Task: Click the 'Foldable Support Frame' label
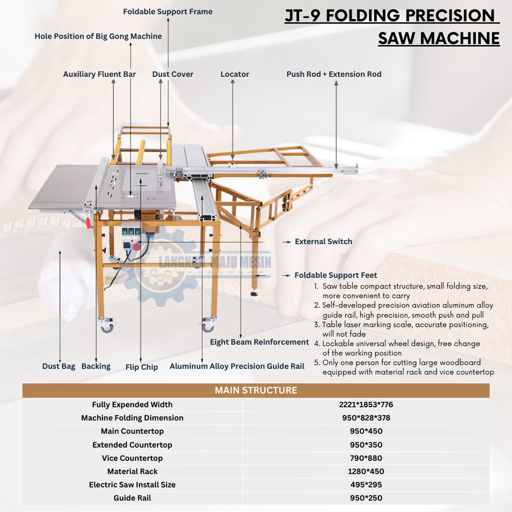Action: pyautogui.click(x=167, y=12)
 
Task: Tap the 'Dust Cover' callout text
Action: pyautogui.click(x=173, y=74)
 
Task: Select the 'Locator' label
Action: pyautogui.click(x=235, y=74)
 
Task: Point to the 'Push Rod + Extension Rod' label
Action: pyautogui.click(x=334, y=74)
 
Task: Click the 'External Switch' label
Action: pyautogui.click(x=324, y=241)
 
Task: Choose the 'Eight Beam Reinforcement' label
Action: pyautogui.click(x=259, y=342)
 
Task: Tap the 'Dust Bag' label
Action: pyautogui.click(x=59, y=366)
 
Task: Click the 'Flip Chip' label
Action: pyautogui.click(x=142, y=367)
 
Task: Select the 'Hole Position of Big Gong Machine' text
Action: pyautogui.click(x=98, y=36)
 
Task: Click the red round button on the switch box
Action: pyautogui.click(x=137, y=247)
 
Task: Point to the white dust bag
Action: pyautogui.click(x=68, y=274)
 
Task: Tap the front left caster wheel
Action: pyautogui.click(x=107, y=327)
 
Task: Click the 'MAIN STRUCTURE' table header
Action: pyautogui.click(x=256, y=390)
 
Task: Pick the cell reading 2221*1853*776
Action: pyautogui.click(x=366, y=404)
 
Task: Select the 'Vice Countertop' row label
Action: pyautogui.click(x=132, y=458)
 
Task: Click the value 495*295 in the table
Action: pyautogui.click(x=366, y=485)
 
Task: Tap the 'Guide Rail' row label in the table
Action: pyautogui.click(x=132, y=498)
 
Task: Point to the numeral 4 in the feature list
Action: pyautogui.click(x=316, y=344)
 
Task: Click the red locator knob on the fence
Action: pyautogui.click(x=233, y=162)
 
